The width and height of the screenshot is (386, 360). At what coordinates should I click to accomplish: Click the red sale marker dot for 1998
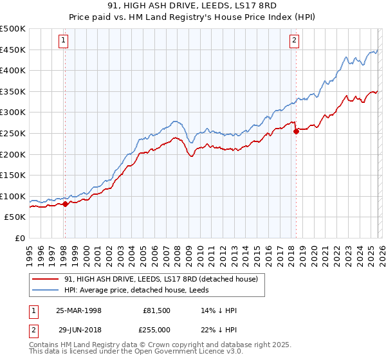click(65, 204)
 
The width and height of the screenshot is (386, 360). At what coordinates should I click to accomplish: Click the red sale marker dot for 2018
click(296, 131)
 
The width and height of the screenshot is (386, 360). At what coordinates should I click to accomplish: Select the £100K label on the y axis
click(13, 196)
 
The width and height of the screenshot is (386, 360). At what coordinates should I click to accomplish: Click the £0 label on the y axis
click(21, 238)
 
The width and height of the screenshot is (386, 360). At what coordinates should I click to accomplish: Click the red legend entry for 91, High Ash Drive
click(161, 279)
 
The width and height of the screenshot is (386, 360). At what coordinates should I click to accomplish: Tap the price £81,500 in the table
click(157, 310)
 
